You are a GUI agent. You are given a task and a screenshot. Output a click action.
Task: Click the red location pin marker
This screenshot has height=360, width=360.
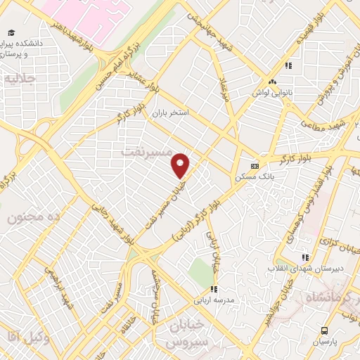point(181,166)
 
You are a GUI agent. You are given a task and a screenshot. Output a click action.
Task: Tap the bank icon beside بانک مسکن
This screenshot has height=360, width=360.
point(255,167)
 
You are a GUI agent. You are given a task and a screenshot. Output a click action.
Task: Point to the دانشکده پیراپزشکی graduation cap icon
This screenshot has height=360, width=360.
point(11,32)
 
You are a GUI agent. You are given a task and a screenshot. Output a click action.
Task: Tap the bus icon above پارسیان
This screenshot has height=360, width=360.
point(324,330)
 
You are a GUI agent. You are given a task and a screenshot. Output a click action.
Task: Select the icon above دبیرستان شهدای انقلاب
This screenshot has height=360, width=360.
point(304,258)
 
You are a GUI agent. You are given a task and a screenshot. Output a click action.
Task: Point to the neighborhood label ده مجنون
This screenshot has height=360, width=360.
point(37,217)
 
